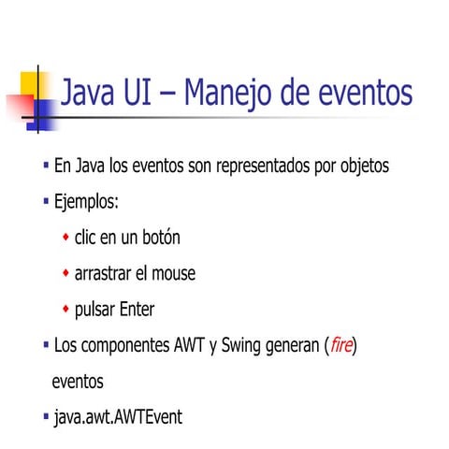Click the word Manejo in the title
tap(225, 94)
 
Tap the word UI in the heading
tap(139, 94)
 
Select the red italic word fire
tap(341, 346)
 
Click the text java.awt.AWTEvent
tap(118, 416)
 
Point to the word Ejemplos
tap(86, 202)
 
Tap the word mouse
tap(171, 274)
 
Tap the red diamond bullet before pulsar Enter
tap(65, 308)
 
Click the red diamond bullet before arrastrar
tap(65, 272)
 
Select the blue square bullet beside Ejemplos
tap(46, 200)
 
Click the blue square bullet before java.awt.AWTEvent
tap(46, 414)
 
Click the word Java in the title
tap(90, 94)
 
